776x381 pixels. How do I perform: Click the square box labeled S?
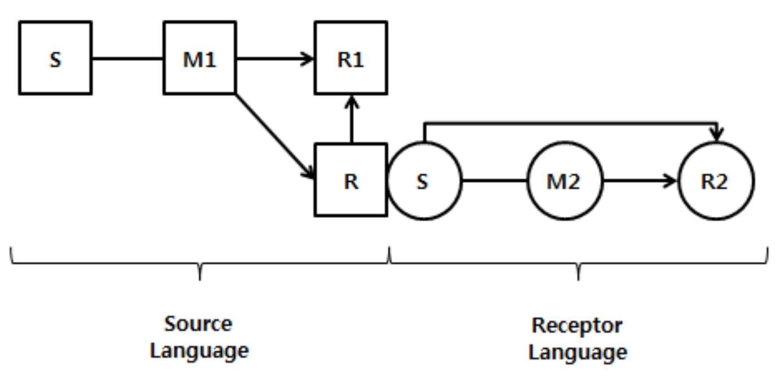click(x=55, y=58)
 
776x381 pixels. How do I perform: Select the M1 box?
click(x=199, y=58)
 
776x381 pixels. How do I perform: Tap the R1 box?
click(x=351, y=58)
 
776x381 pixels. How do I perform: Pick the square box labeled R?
click(x=351, y=180)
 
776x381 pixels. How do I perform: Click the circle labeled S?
click(x=424, y=181)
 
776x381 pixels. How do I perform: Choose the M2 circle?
click(x=564, y=181)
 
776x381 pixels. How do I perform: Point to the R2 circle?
click(x=715, y=181)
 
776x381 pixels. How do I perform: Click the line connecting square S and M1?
click(x=127, y=58)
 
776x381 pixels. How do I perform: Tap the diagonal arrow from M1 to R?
click(x=274, y=135)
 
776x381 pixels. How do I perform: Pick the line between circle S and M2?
click(x=494, y=181)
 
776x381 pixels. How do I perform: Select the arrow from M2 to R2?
click(x=640, y=181)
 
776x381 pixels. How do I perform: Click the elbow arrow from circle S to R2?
click(x=569, y=123)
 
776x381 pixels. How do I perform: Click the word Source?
click(x=198, y=325)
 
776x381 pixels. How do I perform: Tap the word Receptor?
click(x=577, y=326)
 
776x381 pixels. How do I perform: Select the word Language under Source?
click(x=199, y=351)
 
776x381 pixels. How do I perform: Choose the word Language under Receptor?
click(x=577, y=352)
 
